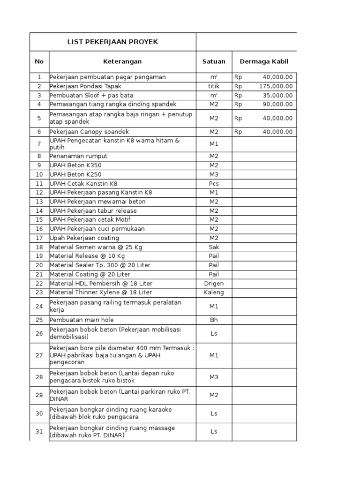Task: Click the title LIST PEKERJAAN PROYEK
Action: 113,42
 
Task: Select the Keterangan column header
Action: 122,61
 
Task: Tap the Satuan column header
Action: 214,61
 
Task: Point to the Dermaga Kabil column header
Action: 264,61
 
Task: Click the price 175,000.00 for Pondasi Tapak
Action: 276,86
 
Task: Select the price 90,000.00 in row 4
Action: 277,105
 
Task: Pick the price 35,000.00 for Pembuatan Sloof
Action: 277,95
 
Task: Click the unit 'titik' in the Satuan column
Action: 214,86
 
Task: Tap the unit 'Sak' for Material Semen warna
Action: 214,247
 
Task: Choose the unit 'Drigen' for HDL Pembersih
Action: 214,284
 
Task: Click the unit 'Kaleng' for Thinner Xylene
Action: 214,292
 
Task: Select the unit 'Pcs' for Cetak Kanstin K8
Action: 214,183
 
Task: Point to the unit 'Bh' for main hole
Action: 214,320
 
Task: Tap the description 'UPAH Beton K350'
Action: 75,165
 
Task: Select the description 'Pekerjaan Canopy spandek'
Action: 89,132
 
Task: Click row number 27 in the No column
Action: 39,355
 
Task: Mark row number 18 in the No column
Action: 39,247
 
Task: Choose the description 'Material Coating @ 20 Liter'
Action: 90,274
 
